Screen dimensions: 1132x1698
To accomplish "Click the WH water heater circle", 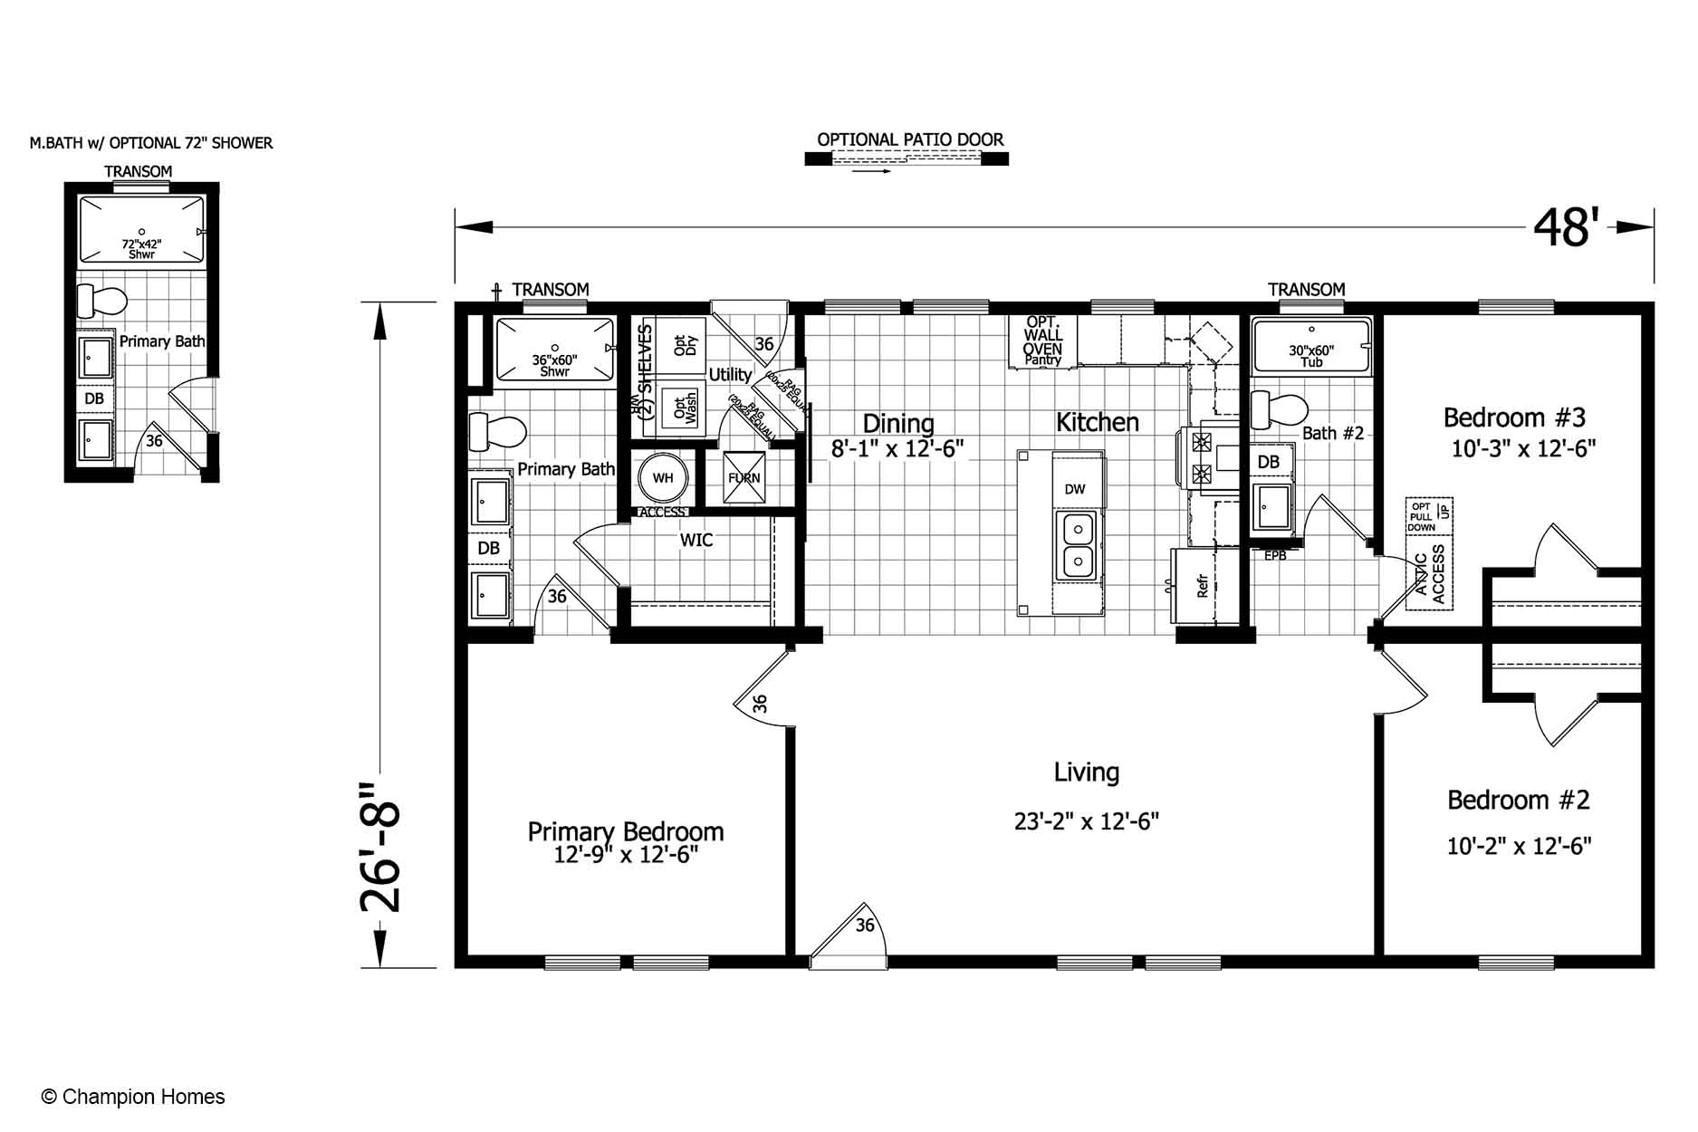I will [x=663, y=478].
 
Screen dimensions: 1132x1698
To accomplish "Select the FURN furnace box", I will [x=744, y=478].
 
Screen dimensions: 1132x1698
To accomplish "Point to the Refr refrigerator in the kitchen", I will [x=1202, y=586].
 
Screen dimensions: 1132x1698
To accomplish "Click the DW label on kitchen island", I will [x=1075, y=490].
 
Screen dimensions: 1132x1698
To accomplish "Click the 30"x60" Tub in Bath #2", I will [x=1310, y=348].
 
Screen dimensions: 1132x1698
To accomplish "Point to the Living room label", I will [x=1086, y=772].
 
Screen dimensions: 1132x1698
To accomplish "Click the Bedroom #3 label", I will [x=1514, y=417].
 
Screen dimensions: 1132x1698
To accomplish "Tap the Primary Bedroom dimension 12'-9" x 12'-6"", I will [x=626, y=855].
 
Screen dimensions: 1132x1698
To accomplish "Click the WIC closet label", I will [x=696, y=541].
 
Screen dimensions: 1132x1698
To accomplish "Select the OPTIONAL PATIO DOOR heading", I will [x=910, y=139].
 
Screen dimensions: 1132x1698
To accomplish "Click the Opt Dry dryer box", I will [x=679, y=344].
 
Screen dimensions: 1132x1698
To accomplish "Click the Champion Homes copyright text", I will [x=133, y=1097].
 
